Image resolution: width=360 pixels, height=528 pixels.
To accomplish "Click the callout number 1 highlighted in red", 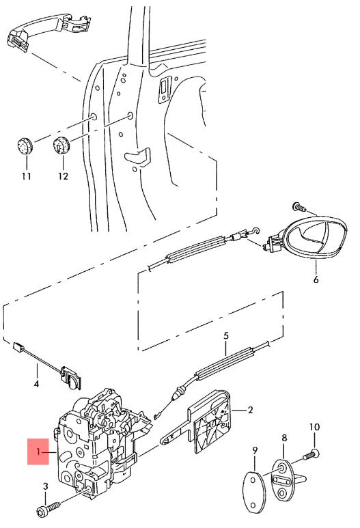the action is click(x=38, y=451).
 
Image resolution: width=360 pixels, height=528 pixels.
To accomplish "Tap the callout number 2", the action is click(x=250, y=410).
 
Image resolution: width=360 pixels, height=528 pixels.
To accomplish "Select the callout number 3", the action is click(x=46, y=486).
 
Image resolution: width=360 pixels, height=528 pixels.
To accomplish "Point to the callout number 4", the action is click(x=36, y=384).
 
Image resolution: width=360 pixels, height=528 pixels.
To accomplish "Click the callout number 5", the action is click(x=226, y=336).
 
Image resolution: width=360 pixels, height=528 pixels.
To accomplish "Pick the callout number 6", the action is click(x=316, y=279).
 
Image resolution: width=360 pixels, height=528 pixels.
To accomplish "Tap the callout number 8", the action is click(x=285, y=438).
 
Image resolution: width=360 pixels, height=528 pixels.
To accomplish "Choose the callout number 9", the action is click(x=255, y=450).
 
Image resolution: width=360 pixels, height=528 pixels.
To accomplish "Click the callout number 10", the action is click(x=314, y=427).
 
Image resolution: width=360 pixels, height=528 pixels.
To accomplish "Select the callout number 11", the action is click(x=27, y=176).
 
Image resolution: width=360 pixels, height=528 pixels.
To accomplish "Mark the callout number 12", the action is click(x=63, y=176).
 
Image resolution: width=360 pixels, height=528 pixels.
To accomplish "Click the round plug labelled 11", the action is click(x=25, y=145).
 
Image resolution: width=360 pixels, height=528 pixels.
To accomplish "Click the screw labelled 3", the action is click(x=48, y=508).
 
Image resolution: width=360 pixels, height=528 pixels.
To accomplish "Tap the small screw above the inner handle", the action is click(x=299, y=207).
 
